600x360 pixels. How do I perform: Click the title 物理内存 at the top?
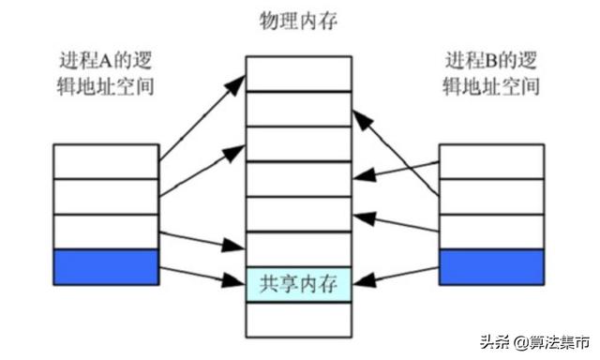[299, 20]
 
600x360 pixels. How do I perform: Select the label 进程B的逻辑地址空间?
[491, 74]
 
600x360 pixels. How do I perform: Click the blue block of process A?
[106, 266]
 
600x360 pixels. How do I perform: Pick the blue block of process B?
[491, 266]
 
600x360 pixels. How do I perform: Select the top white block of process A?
[106, 161]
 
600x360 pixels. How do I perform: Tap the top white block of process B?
[491, 161]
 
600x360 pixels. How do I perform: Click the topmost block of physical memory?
[299, 73]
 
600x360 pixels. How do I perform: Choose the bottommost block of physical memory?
[299, 319]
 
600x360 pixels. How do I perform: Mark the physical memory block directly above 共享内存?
[299, 248]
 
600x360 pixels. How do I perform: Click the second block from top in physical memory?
[299, 108]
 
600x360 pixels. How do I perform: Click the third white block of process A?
[106, 232]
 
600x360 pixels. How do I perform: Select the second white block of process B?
[491, 196]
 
